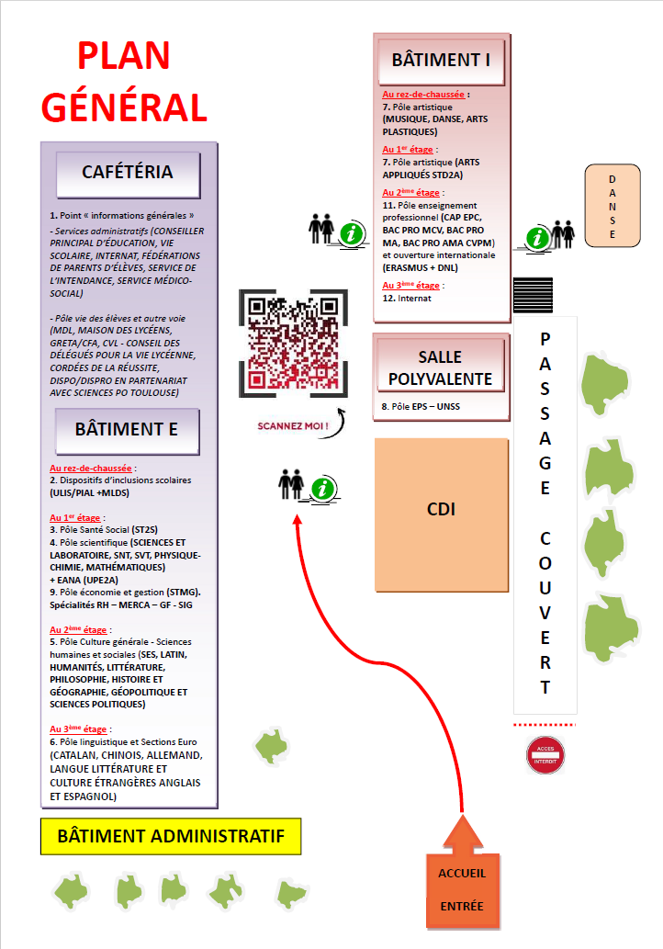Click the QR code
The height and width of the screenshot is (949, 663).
(293, 344)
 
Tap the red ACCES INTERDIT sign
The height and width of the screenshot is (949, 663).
(545, 755)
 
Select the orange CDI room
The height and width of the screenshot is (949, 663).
(442, 514)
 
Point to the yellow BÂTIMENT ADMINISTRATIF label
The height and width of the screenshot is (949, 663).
(171, 836)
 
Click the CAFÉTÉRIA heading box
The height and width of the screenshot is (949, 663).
(128, 175)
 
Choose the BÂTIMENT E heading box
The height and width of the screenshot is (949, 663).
(127, 431)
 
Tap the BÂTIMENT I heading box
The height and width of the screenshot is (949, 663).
(441, 62)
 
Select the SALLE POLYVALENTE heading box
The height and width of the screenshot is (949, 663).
(441, 367)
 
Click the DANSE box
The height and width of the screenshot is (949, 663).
(612, 206)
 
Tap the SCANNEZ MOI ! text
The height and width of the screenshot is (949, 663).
(293, 426)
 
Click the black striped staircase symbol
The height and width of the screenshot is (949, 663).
(533, 295)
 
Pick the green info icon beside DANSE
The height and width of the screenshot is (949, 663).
(536, 238)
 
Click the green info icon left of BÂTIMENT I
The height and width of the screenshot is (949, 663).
(352, 233)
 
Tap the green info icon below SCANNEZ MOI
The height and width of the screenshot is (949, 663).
(323, 489)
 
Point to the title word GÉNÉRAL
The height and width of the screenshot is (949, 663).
(124, 107)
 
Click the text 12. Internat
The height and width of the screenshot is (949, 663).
(407, 299)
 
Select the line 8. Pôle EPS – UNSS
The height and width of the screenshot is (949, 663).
(421, 407)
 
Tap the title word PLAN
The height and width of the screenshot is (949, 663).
(123, 56)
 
